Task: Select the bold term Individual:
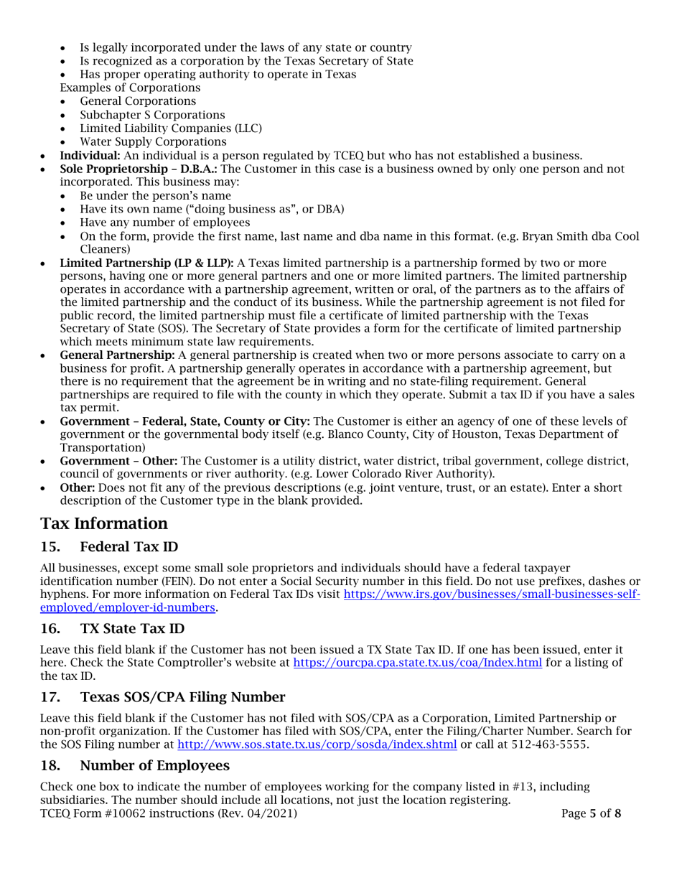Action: click(89, 155)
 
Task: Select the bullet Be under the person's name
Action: click(155, 195)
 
